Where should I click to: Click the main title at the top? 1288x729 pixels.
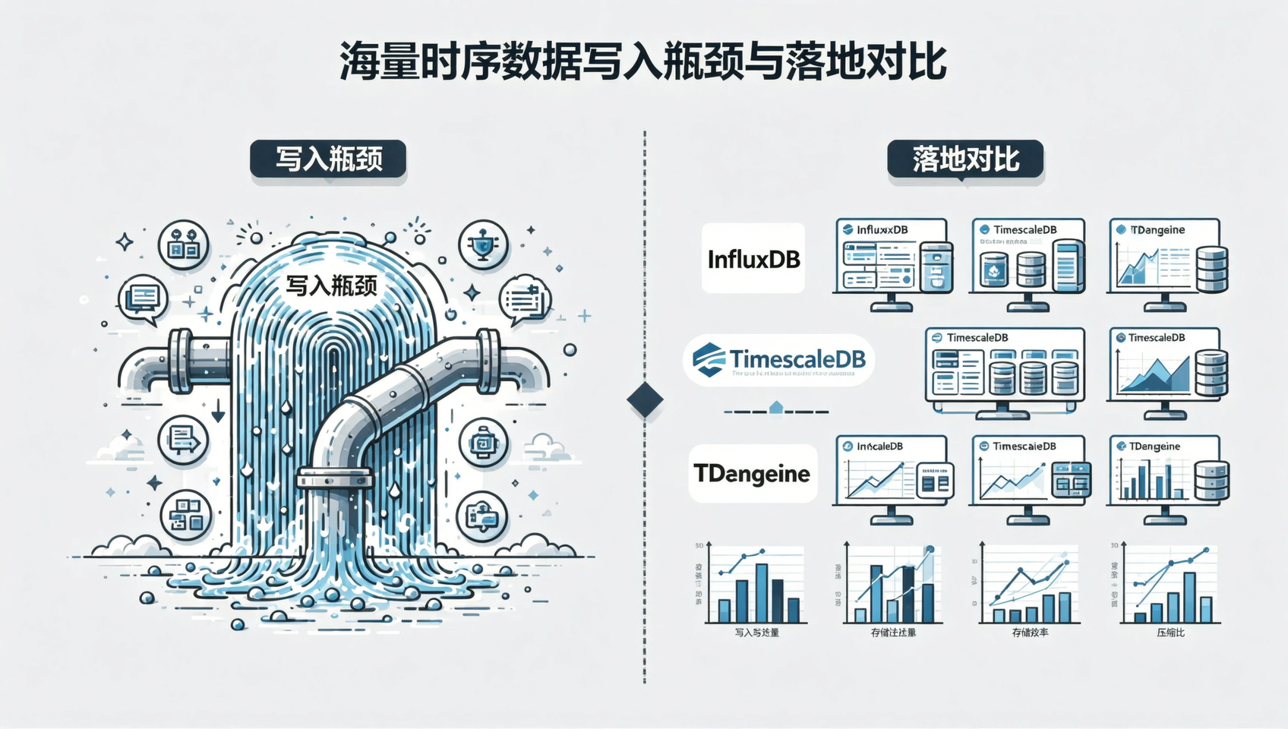tap(642, 62)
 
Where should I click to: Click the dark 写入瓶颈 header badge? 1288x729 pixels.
tap(328, 159)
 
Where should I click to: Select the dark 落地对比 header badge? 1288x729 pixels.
tap(965, 159)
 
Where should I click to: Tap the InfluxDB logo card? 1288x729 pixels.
tap(753, 258)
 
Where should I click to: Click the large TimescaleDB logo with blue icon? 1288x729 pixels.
tap(779, 360)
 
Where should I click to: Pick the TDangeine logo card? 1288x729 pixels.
tap(753, 473)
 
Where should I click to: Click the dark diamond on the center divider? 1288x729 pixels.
tap(645, 399)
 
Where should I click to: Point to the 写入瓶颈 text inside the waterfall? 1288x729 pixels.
tap(331, 286)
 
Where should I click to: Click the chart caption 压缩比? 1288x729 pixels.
tap(1170, 632)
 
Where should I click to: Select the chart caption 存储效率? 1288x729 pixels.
tap(1030, 632)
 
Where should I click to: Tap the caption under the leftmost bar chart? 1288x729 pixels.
tap(756, 632)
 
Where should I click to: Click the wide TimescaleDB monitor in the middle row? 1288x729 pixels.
tap(1004, 368)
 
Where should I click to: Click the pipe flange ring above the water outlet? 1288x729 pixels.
tap(334, 478)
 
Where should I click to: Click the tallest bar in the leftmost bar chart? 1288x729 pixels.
tap(761, 593)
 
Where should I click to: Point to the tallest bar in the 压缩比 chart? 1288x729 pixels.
tap(1189, 598)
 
